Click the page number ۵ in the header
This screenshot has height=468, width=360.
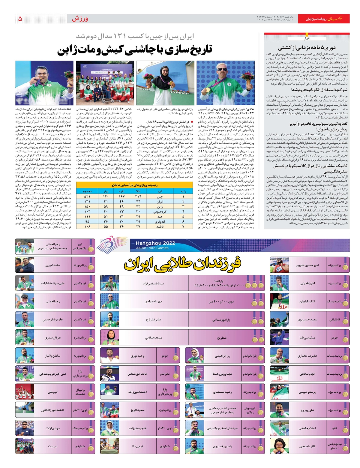coord(20,19)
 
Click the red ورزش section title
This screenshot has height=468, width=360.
coord(80,19)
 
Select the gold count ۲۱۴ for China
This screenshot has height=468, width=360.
coord(138,196)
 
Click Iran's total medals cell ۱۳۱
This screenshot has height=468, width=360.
coord(87,202)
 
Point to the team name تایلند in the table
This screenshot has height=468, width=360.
coord(160,227)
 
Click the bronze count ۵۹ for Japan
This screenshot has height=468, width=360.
coord(106,207)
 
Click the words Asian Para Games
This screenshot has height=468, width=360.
coord(152,248)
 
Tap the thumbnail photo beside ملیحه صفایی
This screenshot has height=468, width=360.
coord(109,337)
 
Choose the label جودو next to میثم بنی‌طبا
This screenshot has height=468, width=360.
coord(334,337)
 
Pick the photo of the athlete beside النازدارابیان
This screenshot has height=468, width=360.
coord(279,301)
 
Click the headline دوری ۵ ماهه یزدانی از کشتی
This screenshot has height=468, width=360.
coord(307,47)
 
